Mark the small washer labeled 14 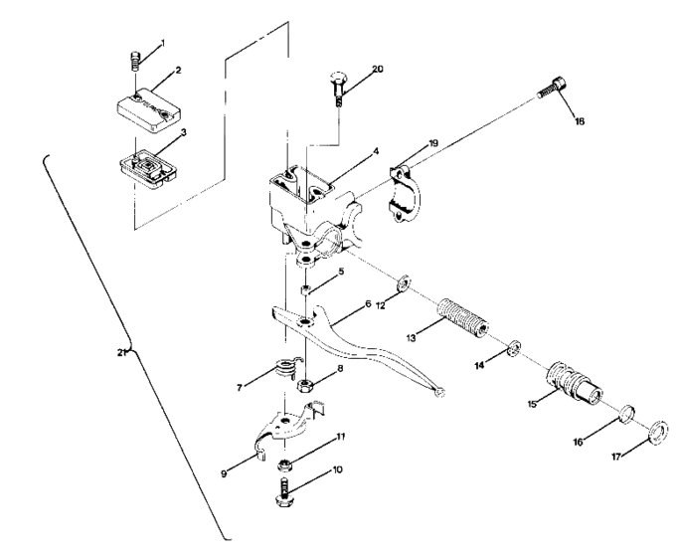tap(512, 348)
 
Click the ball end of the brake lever tap(440, 392)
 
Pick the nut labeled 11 tap(285, 463)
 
